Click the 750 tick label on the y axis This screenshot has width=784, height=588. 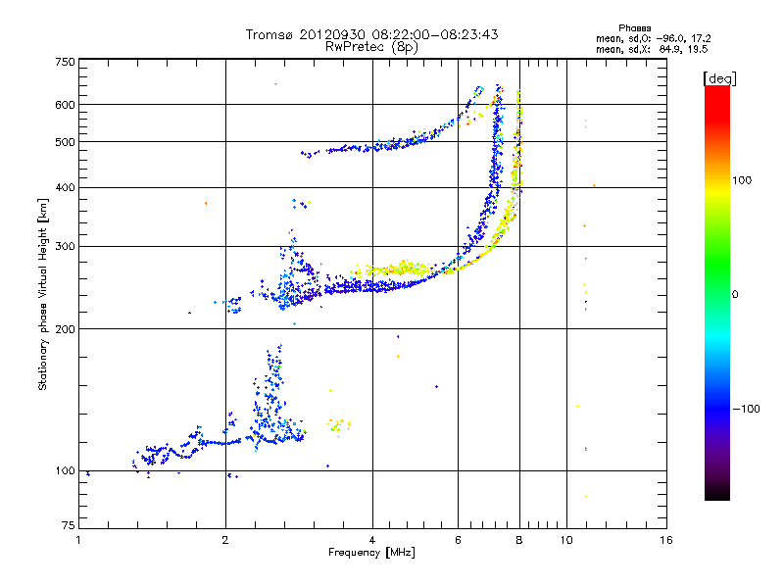pos(65,62)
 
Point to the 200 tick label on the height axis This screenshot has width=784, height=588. pos(65,329)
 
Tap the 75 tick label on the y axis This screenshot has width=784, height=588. pos(69,525)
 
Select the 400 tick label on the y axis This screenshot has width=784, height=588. pos(65,187)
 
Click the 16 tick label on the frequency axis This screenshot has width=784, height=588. pos(666,540)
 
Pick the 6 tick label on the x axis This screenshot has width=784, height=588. pos(458,540)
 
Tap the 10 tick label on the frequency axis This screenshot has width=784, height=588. pos(566,540)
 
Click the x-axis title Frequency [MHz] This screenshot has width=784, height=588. pos(371,553)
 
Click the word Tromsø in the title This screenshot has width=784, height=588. pos(270,34)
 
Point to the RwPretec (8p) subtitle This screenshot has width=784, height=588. pos(371,46)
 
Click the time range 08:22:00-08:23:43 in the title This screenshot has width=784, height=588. pos(435,34)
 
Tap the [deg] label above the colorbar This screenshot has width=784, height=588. pos(719,78)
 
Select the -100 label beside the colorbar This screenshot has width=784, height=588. pos(746,409)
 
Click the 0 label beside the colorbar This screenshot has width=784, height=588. pos(735,295)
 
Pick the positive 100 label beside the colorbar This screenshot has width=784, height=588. pos(742,180)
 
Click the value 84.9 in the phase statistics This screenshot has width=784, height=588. pos(670,49)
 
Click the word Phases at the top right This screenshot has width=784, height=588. pos(634,28)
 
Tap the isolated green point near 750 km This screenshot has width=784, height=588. pos(275,84)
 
